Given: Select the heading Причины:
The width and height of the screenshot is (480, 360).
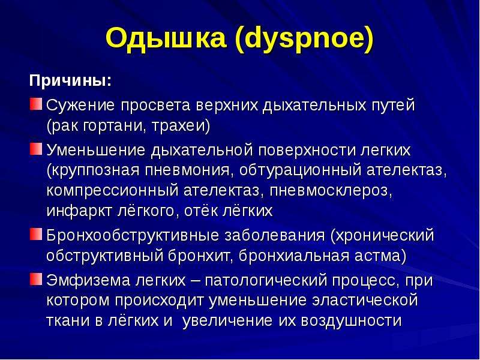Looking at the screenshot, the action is (70, 81).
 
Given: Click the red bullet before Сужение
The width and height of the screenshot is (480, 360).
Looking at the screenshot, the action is (36, 104).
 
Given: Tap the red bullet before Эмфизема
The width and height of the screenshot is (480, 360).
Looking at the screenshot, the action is (36, 279).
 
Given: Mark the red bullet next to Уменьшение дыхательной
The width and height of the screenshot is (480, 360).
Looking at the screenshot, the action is (36, 149).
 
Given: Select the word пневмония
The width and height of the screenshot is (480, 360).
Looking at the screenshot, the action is (187, 170).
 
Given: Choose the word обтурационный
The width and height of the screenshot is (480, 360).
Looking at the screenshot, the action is (300, 170).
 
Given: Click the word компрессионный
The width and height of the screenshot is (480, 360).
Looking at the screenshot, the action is (112, 190).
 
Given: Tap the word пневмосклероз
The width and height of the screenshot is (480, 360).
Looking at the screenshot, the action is (329, 190).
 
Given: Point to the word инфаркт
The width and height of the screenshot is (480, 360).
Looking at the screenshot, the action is (79, 211).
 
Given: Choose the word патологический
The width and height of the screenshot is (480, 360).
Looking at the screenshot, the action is (265, 280).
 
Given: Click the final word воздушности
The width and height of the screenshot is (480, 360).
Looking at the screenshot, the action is (351, 320).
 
